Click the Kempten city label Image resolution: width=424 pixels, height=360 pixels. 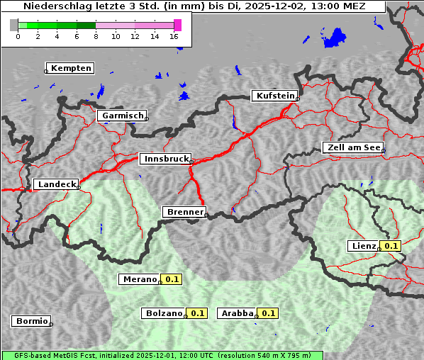(x=71, y=68)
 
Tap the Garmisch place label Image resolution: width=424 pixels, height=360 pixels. (x=123, y=115)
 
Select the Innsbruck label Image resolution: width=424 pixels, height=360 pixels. (x=165, y=159)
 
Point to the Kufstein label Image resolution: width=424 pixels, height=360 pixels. (x=274, y=96)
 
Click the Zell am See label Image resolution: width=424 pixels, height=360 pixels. (x=352, y=147)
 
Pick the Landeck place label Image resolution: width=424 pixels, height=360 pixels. (x=56, y=184)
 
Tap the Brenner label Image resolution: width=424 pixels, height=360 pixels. (x=184, y=211)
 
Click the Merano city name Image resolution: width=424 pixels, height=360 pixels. (x=139, y=279)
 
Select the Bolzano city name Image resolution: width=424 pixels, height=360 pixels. (x=164, y=313)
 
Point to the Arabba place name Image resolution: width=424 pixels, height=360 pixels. (x=237, y=313)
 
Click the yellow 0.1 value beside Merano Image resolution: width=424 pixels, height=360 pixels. (x=172, y=279)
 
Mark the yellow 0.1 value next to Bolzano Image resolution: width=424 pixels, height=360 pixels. (x=197, y=313)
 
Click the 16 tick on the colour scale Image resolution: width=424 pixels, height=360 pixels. (x=174, y=35)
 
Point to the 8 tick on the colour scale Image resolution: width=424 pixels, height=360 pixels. (x=96, y=35)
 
